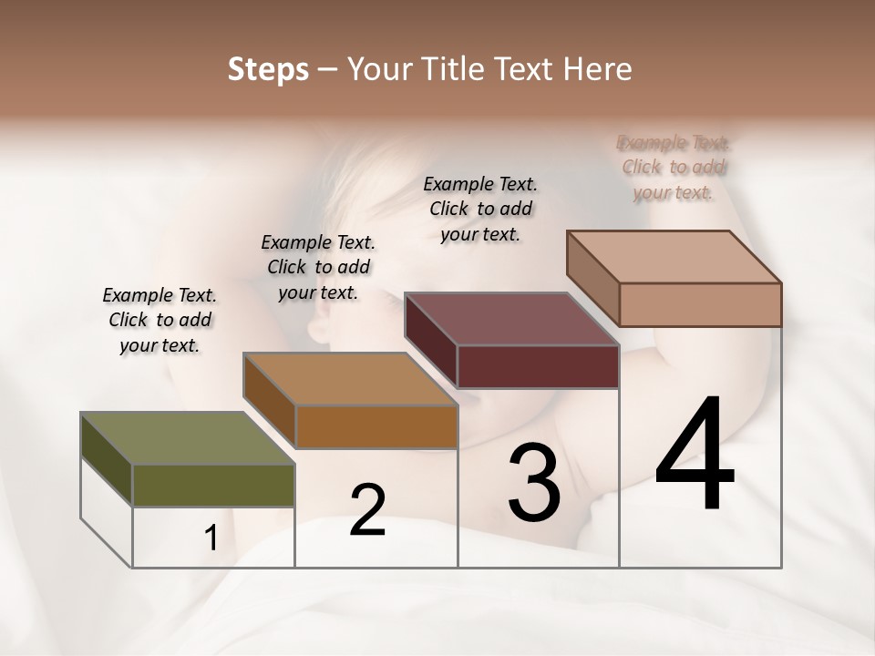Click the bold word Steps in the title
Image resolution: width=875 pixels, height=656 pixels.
click(268, 69)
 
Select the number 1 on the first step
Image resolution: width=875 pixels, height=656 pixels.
click(211, 538)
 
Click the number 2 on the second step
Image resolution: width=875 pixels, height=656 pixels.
click(367, 510)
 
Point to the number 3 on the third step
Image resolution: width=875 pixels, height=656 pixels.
click(534, 483)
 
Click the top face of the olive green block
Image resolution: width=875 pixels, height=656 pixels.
click(187, 438)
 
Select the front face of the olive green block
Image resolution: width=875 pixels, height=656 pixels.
click(213, 486)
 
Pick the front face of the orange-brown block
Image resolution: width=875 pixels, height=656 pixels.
click(376, 426)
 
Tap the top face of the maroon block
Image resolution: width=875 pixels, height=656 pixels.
click(511, 319)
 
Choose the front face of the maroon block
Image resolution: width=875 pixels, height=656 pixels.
click(538, 367)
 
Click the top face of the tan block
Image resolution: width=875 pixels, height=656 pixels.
click(674, 256)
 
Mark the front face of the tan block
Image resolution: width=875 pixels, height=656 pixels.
click(700, 304)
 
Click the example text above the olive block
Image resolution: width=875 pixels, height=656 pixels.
click(160, 320)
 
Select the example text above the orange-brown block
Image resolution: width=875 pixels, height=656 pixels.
click(318, 267)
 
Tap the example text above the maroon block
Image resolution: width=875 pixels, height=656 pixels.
click(480, 209)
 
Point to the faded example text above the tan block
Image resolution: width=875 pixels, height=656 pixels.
click(674, 168)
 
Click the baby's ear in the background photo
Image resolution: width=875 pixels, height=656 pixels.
click(321, 323)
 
